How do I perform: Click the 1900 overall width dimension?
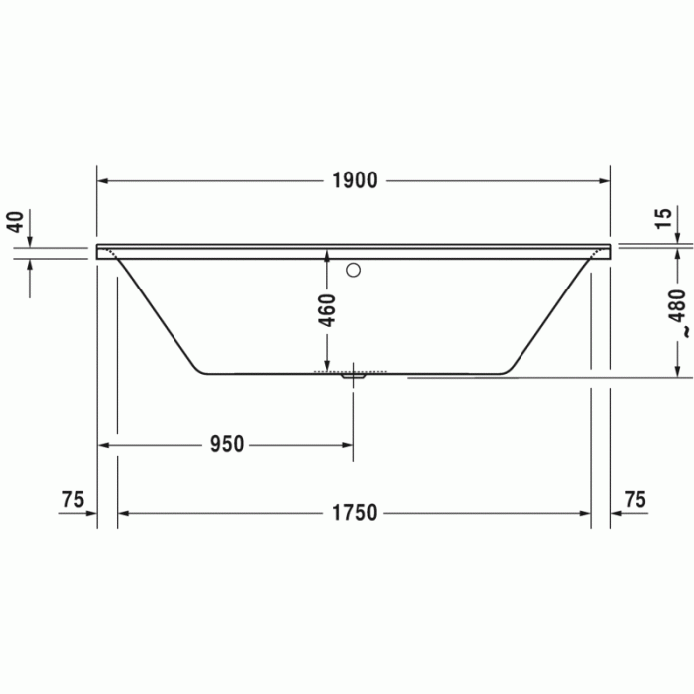(355, 180)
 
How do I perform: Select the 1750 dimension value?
(354, 513)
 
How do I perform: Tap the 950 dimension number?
(226, 445)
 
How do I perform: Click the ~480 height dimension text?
(677, 314)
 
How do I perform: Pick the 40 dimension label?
(14, 221)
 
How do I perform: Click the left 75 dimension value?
(72, 499)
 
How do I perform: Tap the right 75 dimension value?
(636, 499)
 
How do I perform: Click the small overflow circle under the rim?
(353, 269)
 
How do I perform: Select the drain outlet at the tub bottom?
(354, 375)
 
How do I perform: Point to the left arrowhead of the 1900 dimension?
(103, 180)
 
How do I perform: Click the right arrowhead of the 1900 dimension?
(604, 180)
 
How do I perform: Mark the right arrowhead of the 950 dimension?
(347, 445)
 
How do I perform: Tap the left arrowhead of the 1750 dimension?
(124, 513)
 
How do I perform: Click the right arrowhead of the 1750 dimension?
(585, 513)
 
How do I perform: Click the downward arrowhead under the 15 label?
(677, 236)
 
